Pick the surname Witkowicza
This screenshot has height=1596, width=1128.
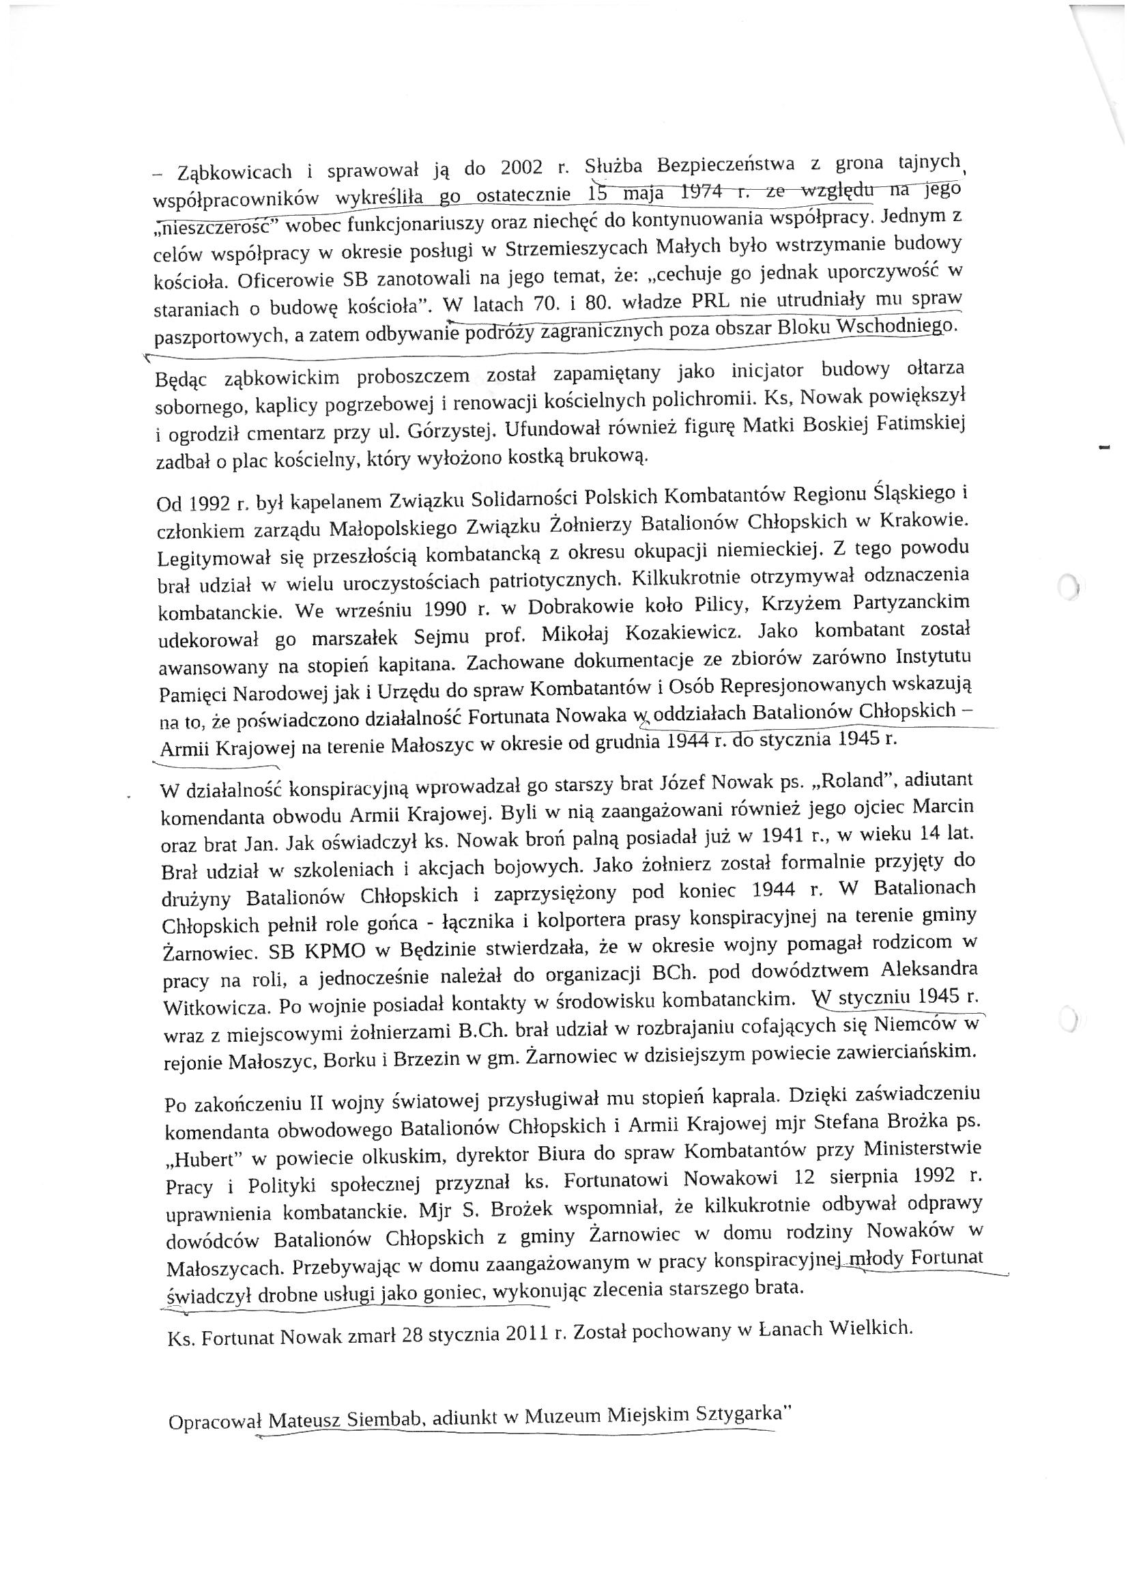tap(211, 1006)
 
